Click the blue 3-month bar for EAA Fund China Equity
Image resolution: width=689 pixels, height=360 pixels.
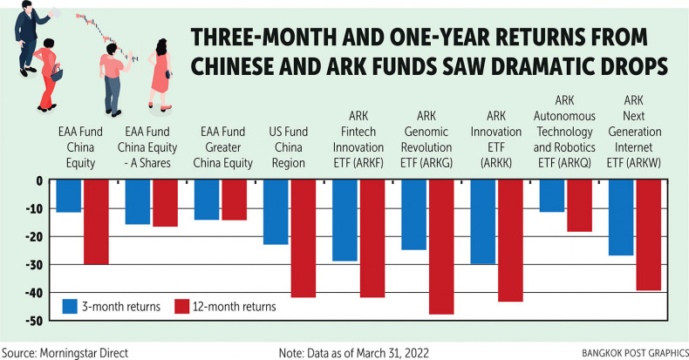coord(69,196)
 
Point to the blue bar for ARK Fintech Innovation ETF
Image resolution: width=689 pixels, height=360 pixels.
coord(345,221)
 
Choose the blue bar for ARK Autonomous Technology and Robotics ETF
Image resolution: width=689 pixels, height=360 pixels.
coord(551,196)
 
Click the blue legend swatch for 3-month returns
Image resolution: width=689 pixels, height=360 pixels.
coord(72,306)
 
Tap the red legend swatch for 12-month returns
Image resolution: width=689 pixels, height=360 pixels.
coord(182,306)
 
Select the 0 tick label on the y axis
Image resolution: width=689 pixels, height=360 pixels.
coord(39,180)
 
